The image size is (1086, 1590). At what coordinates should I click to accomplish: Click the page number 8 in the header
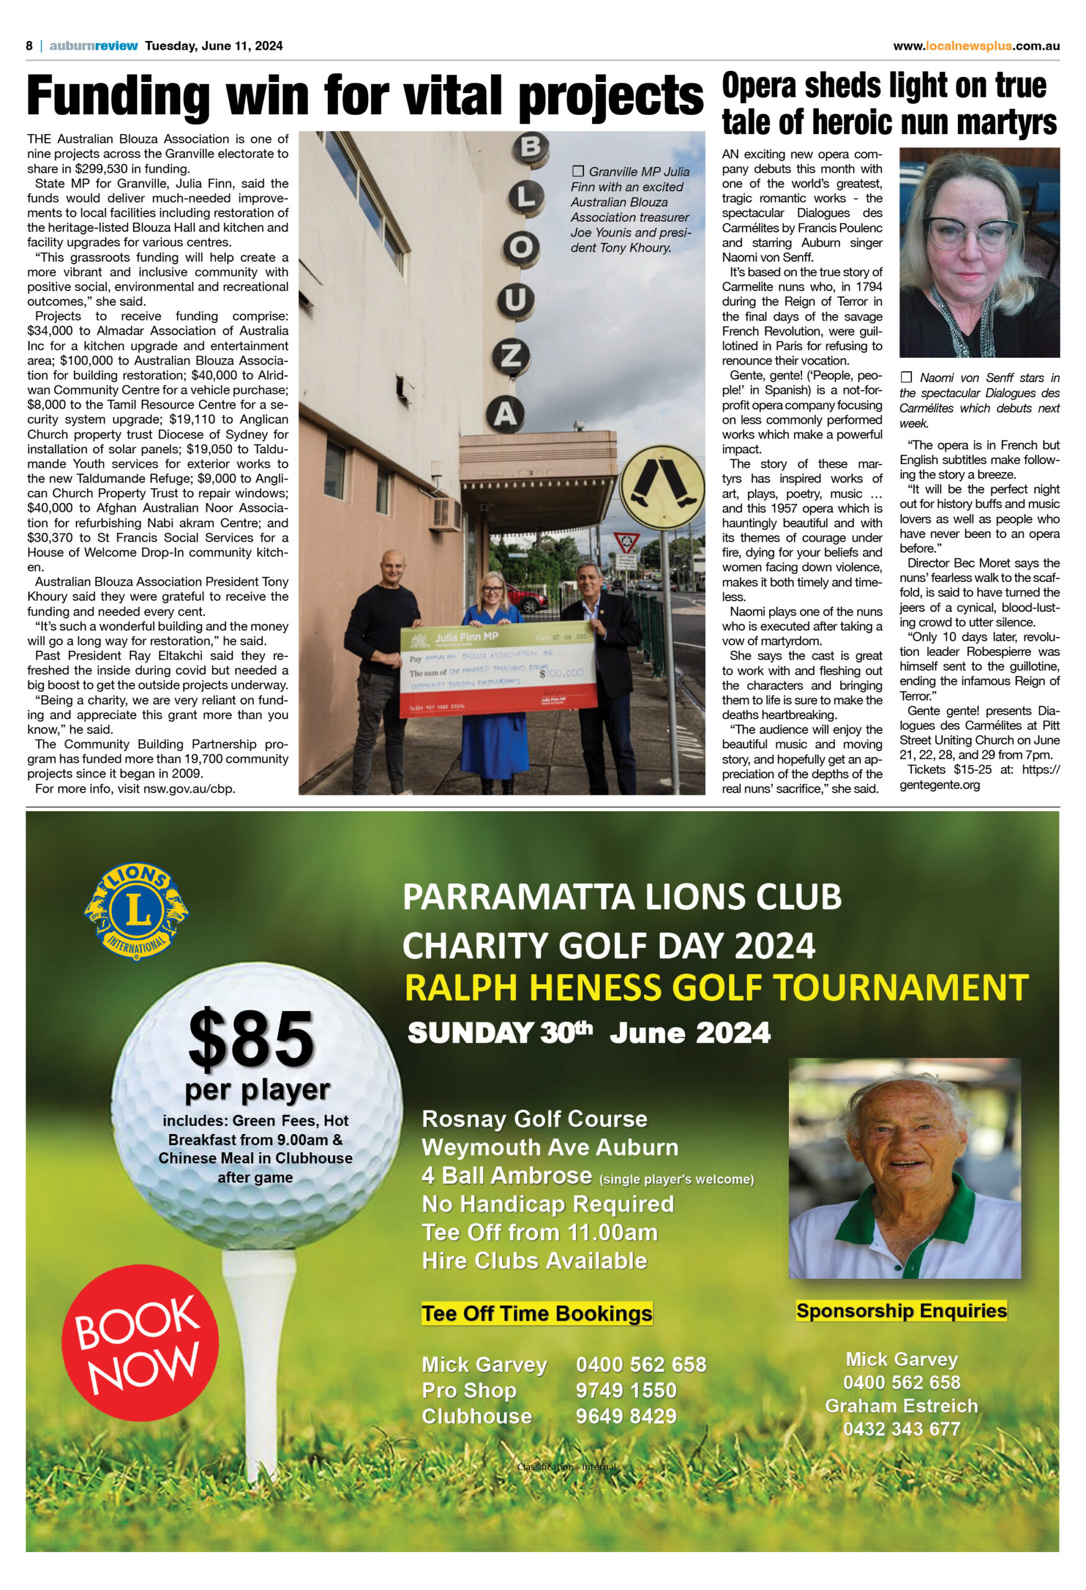pos(29,46)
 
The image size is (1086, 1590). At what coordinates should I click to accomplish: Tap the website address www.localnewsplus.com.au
pos(976,46)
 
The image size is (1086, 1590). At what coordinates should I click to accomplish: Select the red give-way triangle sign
pos(626,543)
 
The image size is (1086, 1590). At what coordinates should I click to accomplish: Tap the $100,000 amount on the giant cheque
pos(561,673)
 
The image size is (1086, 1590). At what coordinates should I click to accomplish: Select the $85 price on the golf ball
pos(251,1040)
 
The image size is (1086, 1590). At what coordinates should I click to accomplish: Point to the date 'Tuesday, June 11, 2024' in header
pos(214,46)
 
